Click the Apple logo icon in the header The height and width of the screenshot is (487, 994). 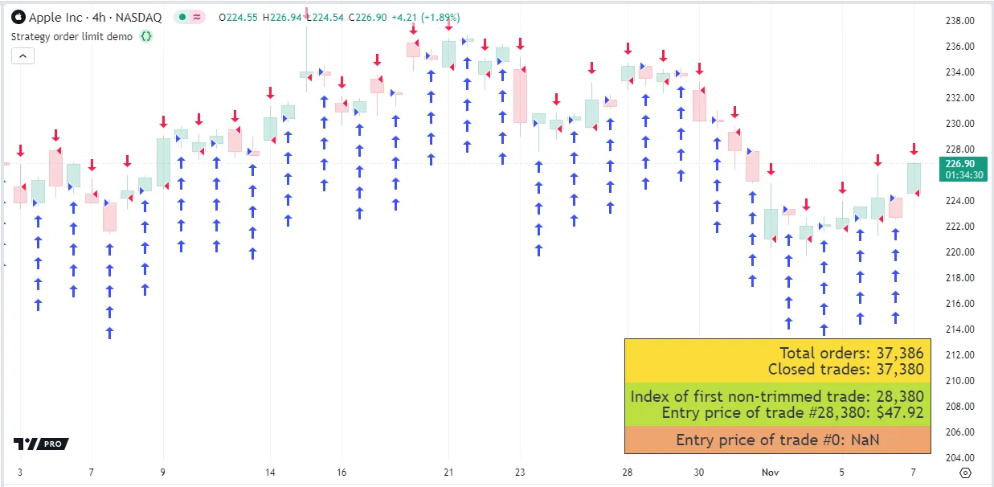pyautogui.click(x=18, y=17)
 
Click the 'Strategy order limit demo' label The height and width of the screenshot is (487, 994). pyautogui.click(x=72, y=36)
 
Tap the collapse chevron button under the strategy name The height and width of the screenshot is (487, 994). pyautogui.click(x=22, y=55)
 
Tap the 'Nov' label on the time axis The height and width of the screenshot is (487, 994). pyautogui.click(x=770, y=473)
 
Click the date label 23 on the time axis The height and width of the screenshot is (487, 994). pyautogui.click(x=520, y=473)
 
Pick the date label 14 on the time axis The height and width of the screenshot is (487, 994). pyautogui.click(x=271, y=473)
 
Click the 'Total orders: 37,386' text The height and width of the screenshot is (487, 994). pyautogui.click(x=851, y=353)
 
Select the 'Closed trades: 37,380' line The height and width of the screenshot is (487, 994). pyautogui.click(x=845, y=370)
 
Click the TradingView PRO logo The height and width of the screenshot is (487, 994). pyautogui.click(x=41, y=444)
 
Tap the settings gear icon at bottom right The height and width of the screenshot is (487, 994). pyautogui.click(x=966, y=473)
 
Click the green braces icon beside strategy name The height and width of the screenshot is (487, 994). pyautogui.click(x=145, y=36)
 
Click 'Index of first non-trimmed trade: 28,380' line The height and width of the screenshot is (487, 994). pyautogui.click(x=777, y=396)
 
